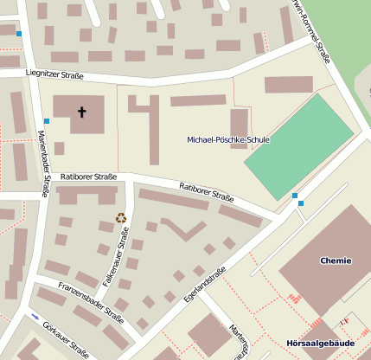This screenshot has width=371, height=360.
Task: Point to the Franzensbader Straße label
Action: (x=91, y=301)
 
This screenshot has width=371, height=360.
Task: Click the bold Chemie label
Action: (x=336, y=260)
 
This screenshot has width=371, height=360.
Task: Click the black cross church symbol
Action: (x=83, y=112)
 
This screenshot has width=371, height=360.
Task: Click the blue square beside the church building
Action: (x=46, y=121)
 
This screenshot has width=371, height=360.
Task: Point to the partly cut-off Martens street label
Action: (x=239, y=340)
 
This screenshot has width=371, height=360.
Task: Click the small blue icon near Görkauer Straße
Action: (x=35, y=317)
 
